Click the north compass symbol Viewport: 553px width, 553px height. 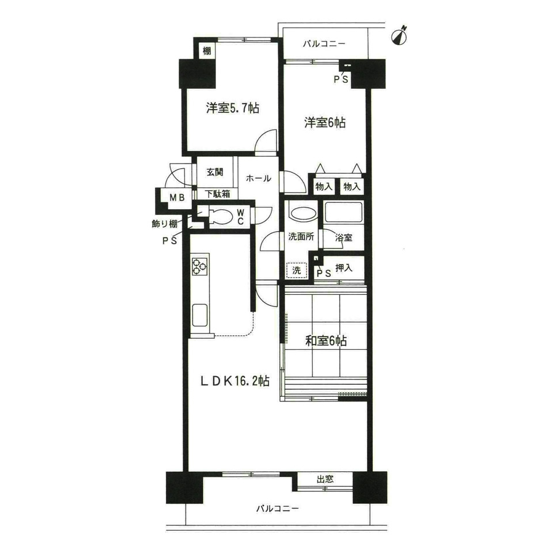coord(400,36)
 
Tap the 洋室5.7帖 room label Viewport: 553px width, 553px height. coord(233,108)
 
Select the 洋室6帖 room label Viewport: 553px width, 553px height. coord(325,122)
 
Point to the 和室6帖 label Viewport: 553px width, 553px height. coord(326,340)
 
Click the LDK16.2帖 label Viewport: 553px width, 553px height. coord(235,381)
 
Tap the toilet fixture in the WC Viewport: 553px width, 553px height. coord(221,216)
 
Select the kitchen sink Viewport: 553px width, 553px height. coord(200,315)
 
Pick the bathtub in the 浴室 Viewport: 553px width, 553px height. coord(343,213)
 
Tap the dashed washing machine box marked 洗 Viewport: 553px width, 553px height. coord(297,271)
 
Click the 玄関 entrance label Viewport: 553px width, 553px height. coord(215,172)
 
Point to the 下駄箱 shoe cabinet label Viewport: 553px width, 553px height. coord(218,194)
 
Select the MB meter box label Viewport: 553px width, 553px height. coord(177,198)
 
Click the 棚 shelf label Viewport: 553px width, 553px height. coord(207,51)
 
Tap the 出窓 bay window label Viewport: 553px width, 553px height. coord(325,479)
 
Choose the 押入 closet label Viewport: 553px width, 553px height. coord(344,268)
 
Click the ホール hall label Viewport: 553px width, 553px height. coord(259,179)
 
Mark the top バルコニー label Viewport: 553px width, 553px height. coord(324,44)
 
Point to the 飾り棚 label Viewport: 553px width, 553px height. coord(164,224)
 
